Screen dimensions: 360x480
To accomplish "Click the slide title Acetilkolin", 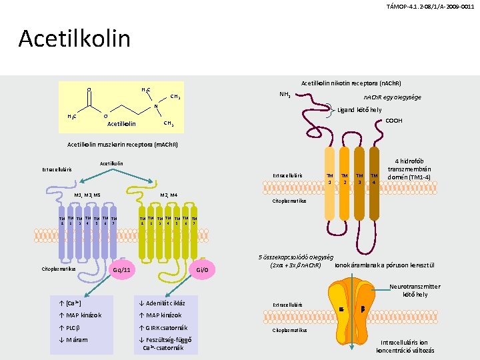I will (x=75, y=39).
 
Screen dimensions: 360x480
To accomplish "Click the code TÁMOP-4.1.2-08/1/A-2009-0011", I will (x=430, y=7).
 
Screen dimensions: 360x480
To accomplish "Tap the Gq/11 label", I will (x=122, y=270).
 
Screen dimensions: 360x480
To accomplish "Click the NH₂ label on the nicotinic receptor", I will (x=283, y=94).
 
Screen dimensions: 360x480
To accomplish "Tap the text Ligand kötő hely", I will (x=361, y=110).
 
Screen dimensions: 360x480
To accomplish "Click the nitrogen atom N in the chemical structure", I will (x=155, y=106).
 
